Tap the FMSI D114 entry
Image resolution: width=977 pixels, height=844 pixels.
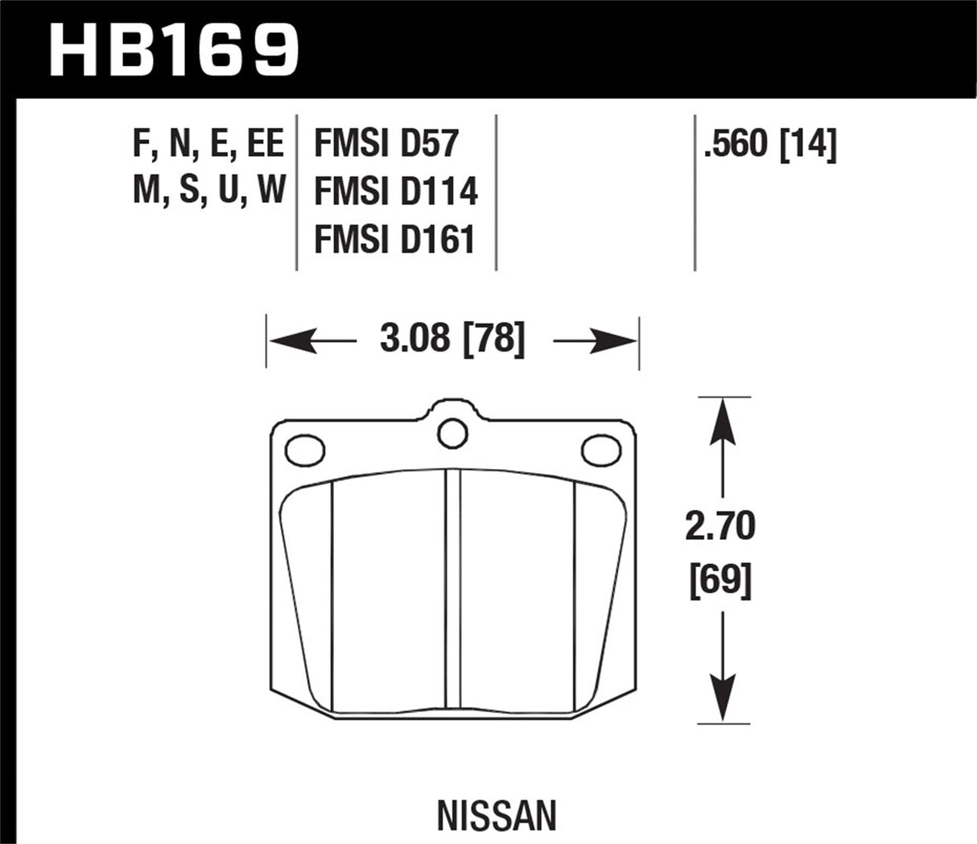[x=396, y=192]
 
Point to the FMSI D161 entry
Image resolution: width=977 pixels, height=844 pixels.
[x=394, y=240]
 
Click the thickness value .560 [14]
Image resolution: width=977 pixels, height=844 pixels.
[x=769, y=145]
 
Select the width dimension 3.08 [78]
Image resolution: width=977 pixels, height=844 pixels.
[x=452, y=339]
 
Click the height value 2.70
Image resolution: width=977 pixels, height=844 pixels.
[x=720, y=527]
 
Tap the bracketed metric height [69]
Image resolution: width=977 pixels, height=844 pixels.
[x=720, y=579]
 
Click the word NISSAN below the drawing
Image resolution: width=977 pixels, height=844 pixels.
[x=496, y=816]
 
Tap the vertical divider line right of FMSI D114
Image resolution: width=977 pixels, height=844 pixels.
[x=496, y=192]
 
